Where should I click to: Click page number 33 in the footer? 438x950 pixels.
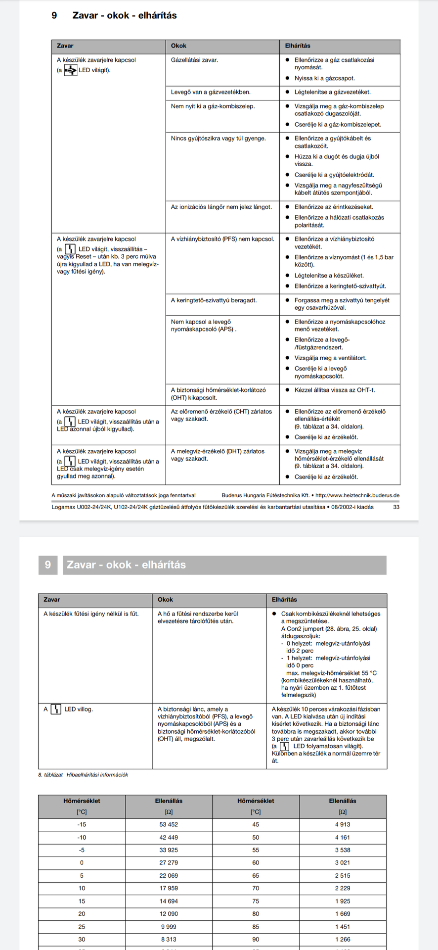coord(396,507)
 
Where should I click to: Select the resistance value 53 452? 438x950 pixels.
coord(169,824)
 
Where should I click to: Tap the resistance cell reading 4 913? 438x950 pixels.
coord(342,824)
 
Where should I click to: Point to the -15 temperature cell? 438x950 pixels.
coord(82,824)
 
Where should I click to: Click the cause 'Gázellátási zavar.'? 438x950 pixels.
coord(194,60)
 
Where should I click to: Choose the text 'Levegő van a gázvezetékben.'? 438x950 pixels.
coord(211,92)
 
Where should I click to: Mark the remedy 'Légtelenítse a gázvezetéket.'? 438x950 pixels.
coord(332,92)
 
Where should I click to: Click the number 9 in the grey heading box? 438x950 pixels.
coord(48,565)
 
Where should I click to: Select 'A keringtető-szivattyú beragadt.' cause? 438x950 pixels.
coord(214,300)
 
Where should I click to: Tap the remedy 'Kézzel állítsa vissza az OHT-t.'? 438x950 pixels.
coord(334,390)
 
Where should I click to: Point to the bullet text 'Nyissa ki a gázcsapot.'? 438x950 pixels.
coord(324,78)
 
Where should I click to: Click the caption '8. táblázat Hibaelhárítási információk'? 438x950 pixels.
coord(83,774)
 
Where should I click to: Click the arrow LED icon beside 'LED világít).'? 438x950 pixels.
coord(71,70)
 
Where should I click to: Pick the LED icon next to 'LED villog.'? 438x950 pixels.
coord(56,709)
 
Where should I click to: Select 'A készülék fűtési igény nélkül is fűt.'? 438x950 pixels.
coord(91,614)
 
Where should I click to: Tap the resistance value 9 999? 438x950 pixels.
coord(169,926)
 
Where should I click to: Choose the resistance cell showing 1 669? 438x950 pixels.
coord(342,913)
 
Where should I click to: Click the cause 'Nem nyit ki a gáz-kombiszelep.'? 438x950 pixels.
coord(213,106)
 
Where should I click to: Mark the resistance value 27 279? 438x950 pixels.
coord(169,862)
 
